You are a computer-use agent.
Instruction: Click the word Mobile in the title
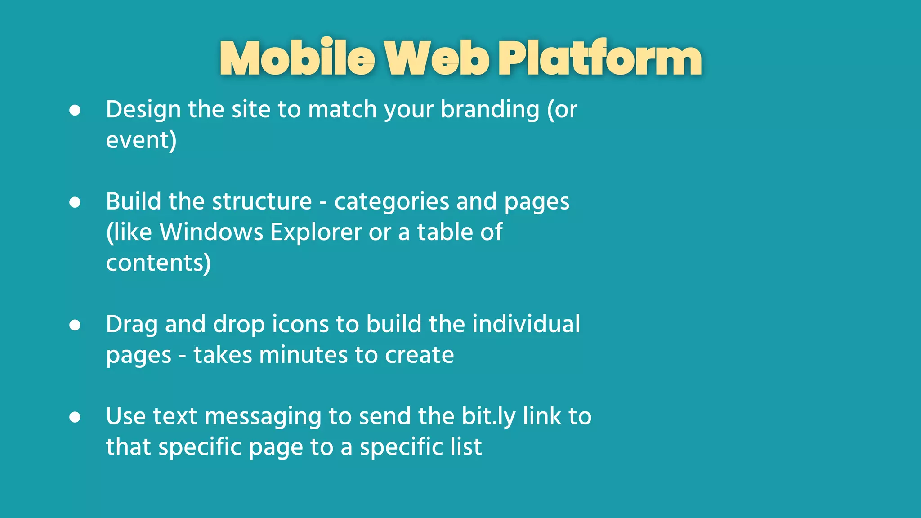[297, 58]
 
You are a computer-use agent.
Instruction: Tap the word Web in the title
[437, 58]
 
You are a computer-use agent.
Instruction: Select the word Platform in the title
[600, 58]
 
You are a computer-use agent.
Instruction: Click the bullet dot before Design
[75, 110]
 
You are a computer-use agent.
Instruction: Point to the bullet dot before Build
[75, 202]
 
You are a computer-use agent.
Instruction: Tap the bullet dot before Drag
[75, 325]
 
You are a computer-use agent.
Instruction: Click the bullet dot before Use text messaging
[75, 417]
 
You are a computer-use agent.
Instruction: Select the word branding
[490, 110]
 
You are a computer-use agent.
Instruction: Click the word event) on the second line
[141, 140]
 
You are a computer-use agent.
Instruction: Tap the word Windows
[211, 232]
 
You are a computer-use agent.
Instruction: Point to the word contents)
[158, 263]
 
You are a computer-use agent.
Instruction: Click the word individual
[526, 325]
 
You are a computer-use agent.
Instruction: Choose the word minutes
[303, 355]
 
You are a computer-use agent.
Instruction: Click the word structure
[262, 202]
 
